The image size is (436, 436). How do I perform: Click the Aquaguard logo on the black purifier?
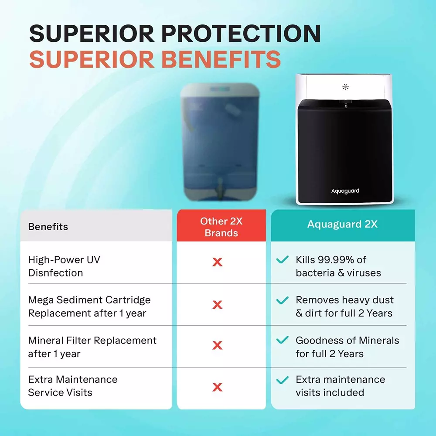tap(345, 191)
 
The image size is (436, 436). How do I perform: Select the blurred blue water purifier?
tap(221, 142)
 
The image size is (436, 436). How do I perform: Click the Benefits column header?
tap(48, 227)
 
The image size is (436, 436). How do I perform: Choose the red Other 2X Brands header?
tap(221, 227)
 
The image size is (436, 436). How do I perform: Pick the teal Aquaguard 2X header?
tap(342, 224)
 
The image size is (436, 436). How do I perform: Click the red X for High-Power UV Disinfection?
tap(217, 262)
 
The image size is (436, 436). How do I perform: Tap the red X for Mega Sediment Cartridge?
tap(217, 305)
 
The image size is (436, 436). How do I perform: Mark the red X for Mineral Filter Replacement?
tap(217, 346)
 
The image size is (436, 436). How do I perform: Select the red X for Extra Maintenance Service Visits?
tap(217, 387)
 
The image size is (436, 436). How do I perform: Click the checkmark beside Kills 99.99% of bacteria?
tap(283, 260)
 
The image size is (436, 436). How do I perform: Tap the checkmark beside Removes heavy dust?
tap(283, 300)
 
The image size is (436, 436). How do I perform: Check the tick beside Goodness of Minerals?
tap(283, 340)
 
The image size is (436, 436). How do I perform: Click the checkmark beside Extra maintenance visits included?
tap(283, 380)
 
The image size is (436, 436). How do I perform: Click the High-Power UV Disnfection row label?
tap(64, 266)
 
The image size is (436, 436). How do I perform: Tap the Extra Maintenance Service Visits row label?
tap(72, 386)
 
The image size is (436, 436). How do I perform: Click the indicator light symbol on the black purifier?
tap(345, 87)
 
